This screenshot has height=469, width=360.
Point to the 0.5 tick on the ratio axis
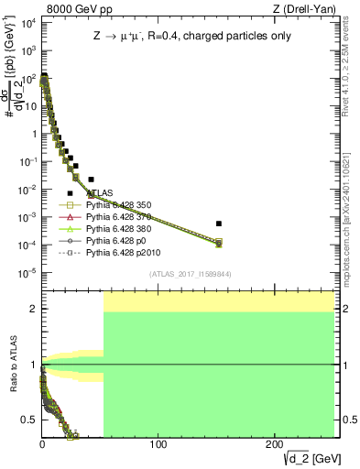click(31, 420)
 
